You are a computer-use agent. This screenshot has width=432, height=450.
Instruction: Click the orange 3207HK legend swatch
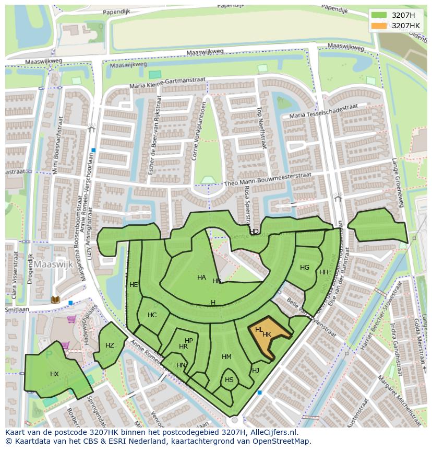tap(379, 26)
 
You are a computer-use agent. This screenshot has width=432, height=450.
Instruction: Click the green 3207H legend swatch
tap(379, 15)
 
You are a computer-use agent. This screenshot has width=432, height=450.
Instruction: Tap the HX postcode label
tap(55, 374)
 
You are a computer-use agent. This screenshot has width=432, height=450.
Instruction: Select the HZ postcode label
tap(110, 345)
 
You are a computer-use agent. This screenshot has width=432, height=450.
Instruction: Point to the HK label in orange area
tap(267, 334)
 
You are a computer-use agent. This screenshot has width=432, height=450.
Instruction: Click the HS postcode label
tap(229, 380)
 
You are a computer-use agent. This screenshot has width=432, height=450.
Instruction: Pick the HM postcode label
tap(226, 357)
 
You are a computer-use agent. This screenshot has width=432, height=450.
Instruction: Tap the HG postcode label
tap(305, 268)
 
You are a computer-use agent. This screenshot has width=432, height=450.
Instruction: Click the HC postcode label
tap(152, 315)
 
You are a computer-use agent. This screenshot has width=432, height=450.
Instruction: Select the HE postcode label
tap(134, 285)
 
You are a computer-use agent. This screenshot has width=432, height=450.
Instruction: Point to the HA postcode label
tap(201, 278)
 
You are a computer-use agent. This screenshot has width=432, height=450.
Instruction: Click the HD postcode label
tap(254, 232)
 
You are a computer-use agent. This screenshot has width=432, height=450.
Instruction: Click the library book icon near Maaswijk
tap(55, 300)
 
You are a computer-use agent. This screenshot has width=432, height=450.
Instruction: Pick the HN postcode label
tap(181, 365)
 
